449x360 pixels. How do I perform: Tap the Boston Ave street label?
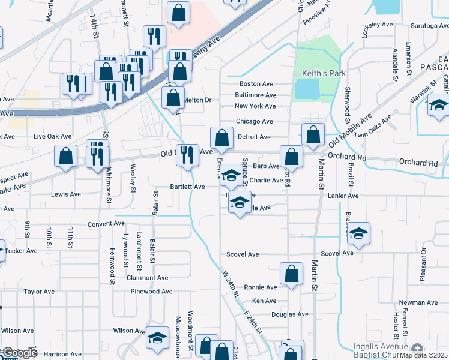tap(256, 84)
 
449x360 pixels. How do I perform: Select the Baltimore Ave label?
tap(256, 95)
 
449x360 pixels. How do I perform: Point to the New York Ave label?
tap(255, 106)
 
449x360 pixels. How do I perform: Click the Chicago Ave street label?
tap(255, 121)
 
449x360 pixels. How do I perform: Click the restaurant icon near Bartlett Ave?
tap(187, 155)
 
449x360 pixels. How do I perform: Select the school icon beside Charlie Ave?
tap(230, 176)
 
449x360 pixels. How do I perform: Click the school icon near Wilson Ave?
tap(158, 340)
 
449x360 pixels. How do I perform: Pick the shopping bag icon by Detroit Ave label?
tap(221, 137)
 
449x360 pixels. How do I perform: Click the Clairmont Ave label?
tap(148, 278)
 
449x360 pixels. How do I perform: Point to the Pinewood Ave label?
tap(152, 292)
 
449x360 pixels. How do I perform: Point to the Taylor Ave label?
tap(40, 292)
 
